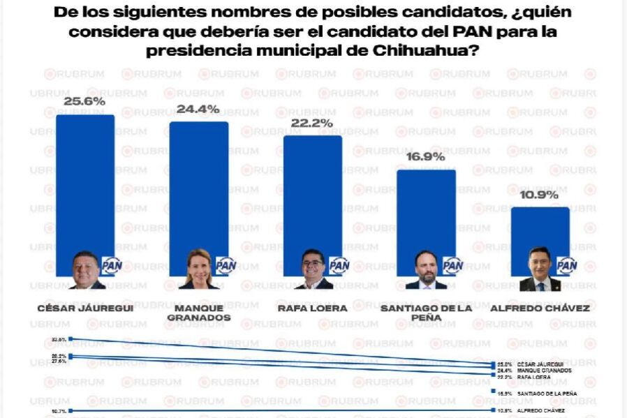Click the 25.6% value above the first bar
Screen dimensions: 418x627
[84, 102]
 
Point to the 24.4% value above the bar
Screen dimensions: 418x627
[198, 109]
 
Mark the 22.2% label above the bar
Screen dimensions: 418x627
[312, 123]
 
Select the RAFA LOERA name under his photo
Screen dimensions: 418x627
[312, 308]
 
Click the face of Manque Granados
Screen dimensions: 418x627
[198, 265]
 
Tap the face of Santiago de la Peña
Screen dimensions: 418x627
[427, 266]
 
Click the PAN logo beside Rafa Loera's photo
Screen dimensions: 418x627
[339, 266]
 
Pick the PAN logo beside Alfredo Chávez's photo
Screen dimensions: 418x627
[567, 266]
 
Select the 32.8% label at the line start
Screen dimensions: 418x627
[59, 339]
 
